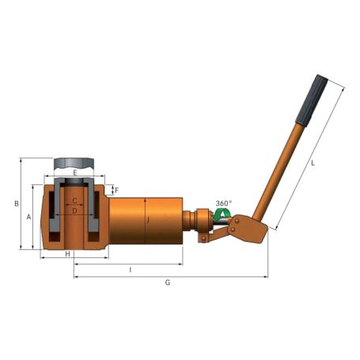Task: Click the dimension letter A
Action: (28, 216)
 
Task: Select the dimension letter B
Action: (16, 204)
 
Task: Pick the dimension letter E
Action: (75, 172)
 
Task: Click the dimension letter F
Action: (116, 191)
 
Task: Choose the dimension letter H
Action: (68, 254)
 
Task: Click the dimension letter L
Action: (313, 164)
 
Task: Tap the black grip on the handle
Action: (312, 99)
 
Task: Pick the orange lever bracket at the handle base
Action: (248, 230)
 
